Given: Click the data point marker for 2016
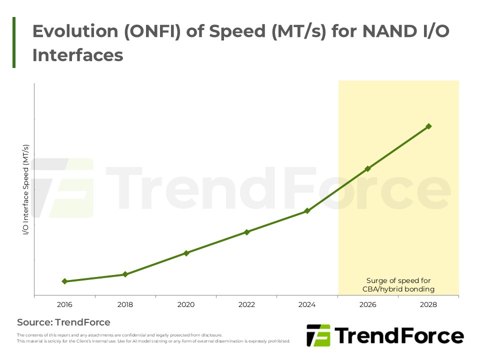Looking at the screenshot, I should [x=64, y=281].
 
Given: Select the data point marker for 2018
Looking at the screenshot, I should [x=125, y=274].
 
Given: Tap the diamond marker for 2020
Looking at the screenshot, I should [x=186, y=253].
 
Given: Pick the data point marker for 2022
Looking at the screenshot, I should [x=246, y=232].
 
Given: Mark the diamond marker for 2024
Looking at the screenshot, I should [x=307, y=211].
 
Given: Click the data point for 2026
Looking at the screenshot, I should [x=368, y=168].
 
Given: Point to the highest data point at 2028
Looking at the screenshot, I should [x=428, y=126].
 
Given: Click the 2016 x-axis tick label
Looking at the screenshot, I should [x=64, y=304].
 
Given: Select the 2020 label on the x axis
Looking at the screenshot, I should [x=186, y=304].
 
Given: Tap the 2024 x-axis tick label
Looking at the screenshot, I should [x=307, y=304].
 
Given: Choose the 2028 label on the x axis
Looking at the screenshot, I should [x=428, y=304].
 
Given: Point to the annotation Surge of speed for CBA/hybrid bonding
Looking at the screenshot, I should [x=398, y=284].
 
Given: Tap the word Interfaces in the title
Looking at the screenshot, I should [x=77, y=55].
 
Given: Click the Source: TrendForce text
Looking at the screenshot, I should [x=63, y=322].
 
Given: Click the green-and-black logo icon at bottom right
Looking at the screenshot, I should [x=318, y=335].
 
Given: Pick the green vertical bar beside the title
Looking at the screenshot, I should [x=14, y=42].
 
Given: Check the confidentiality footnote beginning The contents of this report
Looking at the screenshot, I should [x=119, y=335].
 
